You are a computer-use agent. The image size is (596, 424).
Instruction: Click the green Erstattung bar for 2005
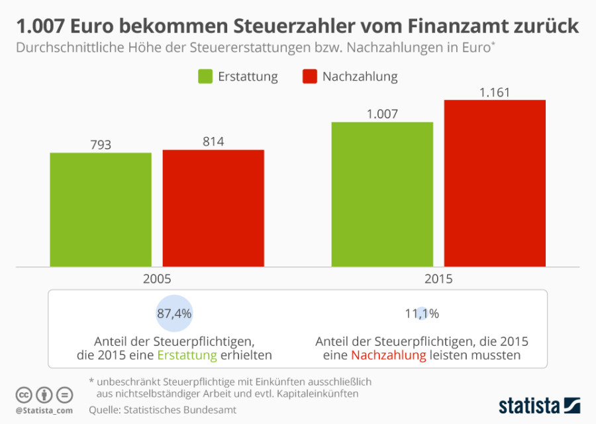click(101, 209)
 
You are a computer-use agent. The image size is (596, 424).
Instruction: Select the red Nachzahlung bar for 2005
click(213, 208)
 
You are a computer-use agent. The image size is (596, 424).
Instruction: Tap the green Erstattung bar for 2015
click(382, 194)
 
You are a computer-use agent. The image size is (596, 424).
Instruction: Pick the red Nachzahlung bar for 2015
click(495, 183)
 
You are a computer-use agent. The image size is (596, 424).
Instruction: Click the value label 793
click(101, 144)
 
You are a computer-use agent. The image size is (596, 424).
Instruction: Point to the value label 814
click(213, 141)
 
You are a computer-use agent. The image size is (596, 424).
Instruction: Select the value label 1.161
click(495, 92)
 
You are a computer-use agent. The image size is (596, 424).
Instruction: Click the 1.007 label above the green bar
click(382, 114)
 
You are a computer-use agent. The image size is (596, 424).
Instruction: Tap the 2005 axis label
click(157, 278)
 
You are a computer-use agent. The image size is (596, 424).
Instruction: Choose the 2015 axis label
click(438, 278)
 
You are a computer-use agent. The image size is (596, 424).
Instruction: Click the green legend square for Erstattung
click(205, 76)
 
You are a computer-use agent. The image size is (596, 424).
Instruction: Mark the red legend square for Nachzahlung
click(309, 76)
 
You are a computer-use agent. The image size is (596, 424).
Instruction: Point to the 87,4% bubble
click(174, 314)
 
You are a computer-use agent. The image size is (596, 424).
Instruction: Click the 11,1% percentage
click(422, 314)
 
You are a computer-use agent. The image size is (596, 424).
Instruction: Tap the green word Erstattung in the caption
click(187, 355)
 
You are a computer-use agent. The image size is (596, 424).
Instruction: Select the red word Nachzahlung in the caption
click(388, 355)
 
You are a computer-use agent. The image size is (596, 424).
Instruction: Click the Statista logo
click(539, 403)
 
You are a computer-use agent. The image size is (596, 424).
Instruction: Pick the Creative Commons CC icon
click(24, 395)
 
